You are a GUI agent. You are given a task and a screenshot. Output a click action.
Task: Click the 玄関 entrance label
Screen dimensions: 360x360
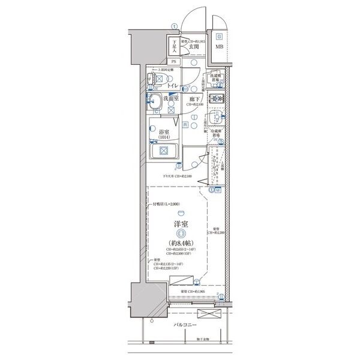point(194,46)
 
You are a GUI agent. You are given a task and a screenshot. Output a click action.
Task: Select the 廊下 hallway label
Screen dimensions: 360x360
point(194,99)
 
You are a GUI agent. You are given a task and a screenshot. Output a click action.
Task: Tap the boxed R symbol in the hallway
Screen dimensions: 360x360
point(185,125)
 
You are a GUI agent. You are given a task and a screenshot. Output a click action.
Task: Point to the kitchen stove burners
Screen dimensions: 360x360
point(216,99)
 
